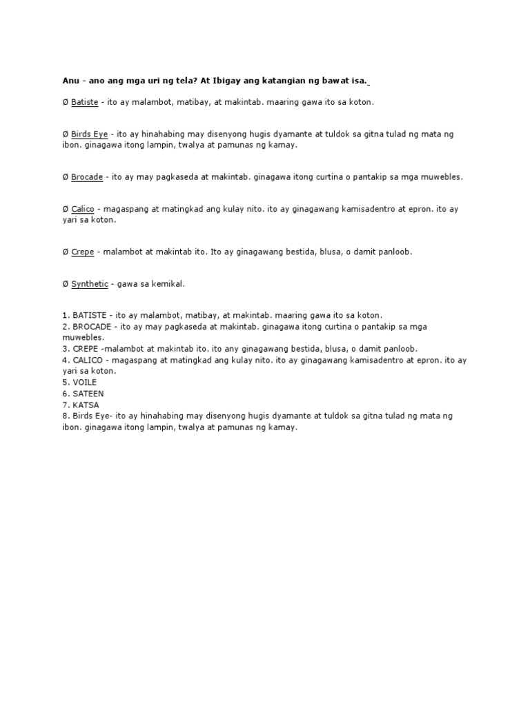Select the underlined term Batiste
(84, 102)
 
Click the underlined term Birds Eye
(89, 134)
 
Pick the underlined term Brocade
(87, 177)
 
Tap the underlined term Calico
(83, 209)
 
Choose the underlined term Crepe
(83, 252)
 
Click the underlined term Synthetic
(90, 284)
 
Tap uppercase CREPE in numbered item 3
(85, 349)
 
